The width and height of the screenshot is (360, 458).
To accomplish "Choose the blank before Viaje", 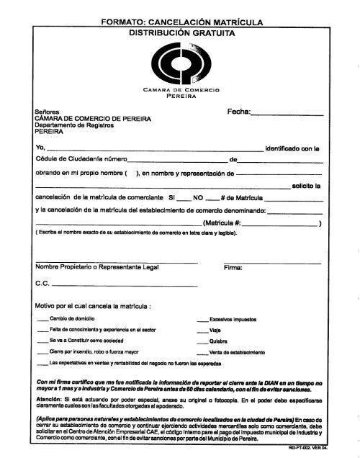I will pos(202,331).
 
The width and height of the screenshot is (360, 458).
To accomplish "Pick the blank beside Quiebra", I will pos(202,341).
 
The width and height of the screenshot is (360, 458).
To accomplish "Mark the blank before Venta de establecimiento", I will pos(202,352).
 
